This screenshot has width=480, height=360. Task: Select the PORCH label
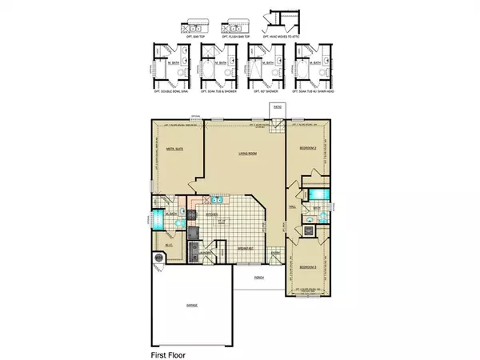point(258,277)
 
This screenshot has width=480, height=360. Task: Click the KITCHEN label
point(213,214)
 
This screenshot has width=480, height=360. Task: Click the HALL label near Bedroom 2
point(294,206)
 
